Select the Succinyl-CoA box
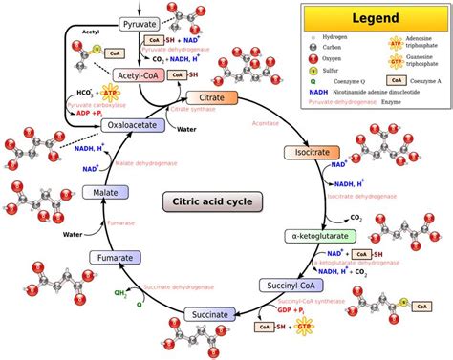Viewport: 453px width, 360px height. point(289,285)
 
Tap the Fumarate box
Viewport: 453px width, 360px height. point(117,257)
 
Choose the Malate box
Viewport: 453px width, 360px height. point(99,194)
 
